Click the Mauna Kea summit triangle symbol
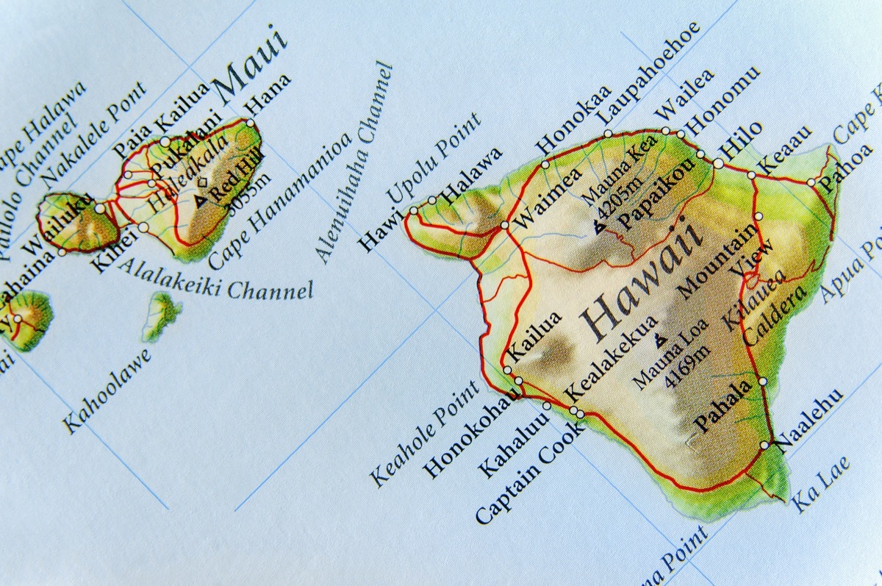pos(599,229)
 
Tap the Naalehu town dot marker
pos(765,445)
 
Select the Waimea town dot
pos(505,225)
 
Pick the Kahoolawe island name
pos(107,390)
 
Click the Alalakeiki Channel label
pos(213,279)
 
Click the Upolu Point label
pos(434,157)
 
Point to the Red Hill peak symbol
pos(200,199)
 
